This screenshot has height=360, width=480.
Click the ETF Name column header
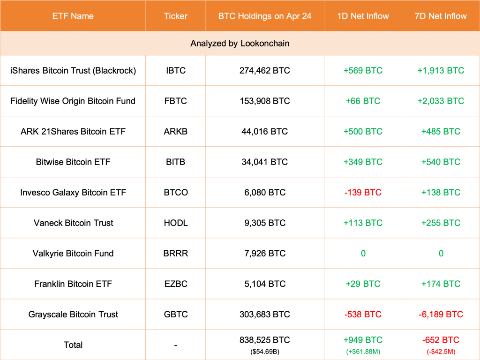pyautogui.click(x=73, y=16)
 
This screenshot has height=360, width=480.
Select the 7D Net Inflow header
pyautogui.click(x=441, y=16)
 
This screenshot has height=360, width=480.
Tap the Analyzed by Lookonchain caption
pyautogui.click(x=240, y=44)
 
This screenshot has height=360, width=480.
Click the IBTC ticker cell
pyautogui.click(x=175, y=71)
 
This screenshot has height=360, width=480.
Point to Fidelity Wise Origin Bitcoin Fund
pyautogui.click(x=73, y=101)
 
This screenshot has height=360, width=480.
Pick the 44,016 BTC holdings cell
pyautogui.click(x=264, y=132)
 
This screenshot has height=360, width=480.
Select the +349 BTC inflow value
pyautogui.click(x=363, y=162)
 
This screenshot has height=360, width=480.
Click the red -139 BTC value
pyautogui.click(x=363, y=193)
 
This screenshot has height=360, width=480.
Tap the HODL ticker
pyautogui.click(x=175, y=223)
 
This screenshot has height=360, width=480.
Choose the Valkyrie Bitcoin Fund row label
pyautogui.click(x=73, y=254)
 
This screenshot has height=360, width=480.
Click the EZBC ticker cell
pyautogui.click(x=175, y=284)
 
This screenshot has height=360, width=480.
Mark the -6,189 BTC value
pyautogui.click(x=441, y=315)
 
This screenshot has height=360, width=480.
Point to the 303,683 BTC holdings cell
pyautogui.click(x=264, y=315)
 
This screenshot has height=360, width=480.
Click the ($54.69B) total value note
pyautogui.click(x=264, y=351)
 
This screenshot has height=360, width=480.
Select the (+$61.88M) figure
pyautogui.click(x=363, y=351)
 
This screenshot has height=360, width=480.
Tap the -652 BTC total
pyautogui.click(x=441, y=340)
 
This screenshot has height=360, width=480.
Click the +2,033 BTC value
pyautogui.click(x=441, y=101)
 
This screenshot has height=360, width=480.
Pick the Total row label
pyautogui.click(x=73, y=345)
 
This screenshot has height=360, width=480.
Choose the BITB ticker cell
pyautogui.click(x=175, y=162)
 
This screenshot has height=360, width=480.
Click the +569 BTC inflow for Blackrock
pyautogui.click(x=363, y=71)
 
